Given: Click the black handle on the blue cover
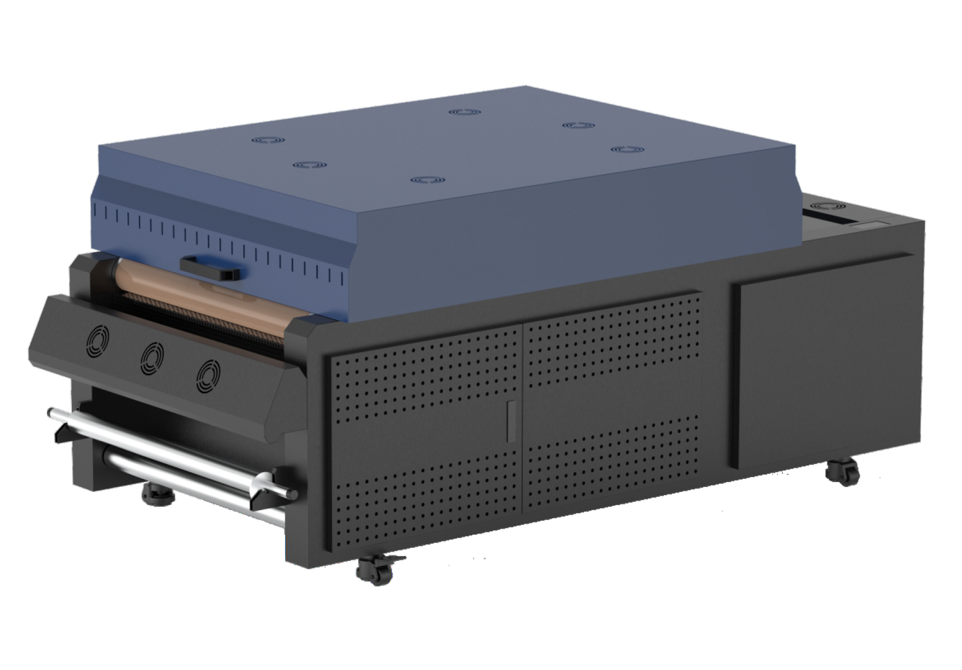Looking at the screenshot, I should (209, 269).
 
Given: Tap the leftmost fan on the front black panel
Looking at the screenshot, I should (97, 342).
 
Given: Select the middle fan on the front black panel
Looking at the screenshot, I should (152, 359).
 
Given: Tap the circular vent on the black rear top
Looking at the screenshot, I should (831, 206).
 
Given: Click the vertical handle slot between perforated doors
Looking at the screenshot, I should (510, 418).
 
